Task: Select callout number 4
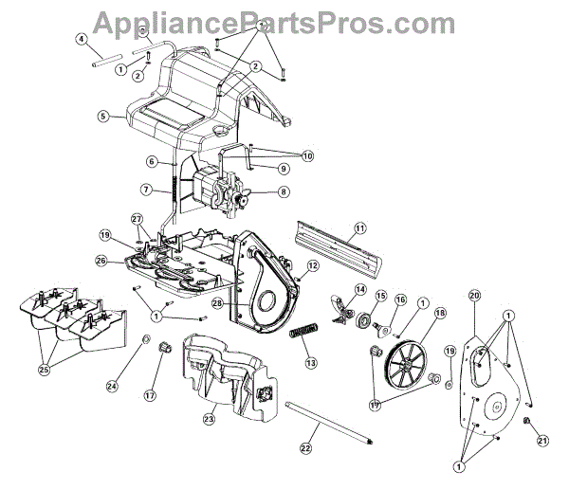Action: [83, 40]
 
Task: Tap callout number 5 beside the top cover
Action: [103, 118]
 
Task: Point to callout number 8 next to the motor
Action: [284, 191]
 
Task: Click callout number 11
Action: [359, 227]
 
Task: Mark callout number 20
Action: [475, 296]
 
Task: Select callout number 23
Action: [210, 418]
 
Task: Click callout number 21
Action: [542, 440]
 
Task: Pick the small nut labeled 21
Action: [527, 419]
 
